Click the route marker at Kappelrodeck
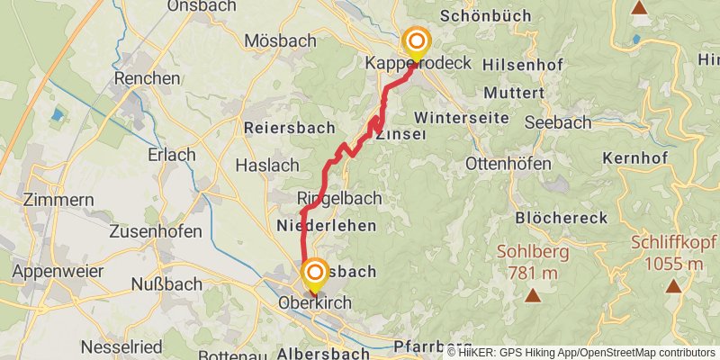pyautogui.click(x=416, y=42)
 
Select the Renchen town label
pyautogui.click(x=147, y=78)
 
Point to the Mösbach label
pyautogui.click(x=280, y=40)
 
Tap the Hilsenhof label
pyautogui.click(x=523, y=65)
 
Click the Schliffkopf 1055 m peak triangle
pyautogui.click(x=673, y=286)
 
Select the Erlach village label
pyautogui.click(x=172, y=155)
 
